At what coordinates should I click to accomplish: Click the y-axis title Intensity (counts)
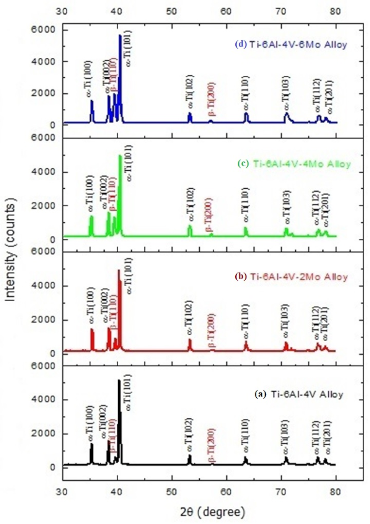point(11,249)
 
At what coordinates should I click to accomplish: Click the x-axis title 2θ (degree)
point(212,511)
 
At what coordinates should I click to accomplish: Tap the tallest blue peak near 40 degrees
point(120,36)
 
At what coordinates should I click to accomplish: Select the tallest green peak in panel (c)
point(120,156)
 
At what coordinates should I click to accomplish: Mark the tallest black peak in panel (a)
point(119,381)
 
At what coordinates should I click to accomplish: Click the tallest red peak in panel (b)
point(119,271)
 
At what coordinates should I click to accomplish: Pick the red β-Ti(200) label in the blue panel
point(211,98)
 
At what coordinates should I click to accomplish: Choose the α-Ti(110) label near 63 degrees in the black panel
point(245,436)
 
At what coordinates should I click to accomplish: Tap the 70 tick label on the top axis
point(281,11)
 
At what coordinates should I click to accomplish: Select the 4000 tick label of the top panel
point(43,62)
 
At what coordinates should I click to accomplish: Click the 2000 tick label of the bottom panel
point(43,433)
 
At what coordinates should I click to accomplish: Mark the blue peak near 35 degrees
point(92,101)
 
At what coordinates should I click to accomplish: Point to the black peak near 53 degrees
point(189,456)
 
